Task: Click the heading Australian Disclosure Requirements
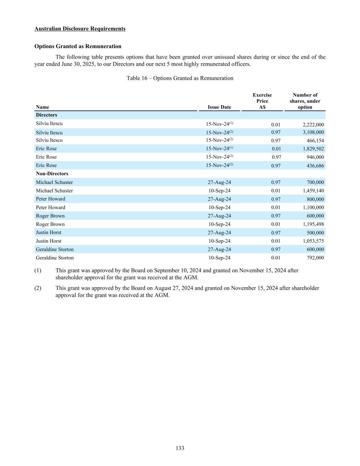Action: click(x=80, y=29)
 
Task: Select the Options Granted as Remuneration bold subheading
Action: click(x=78, y=46)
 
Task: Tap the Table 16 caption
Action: click(x=180, y=78)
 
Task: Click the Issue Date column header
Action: click(x=219, y=107)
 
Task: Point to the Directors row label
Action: click(x=46, y=115)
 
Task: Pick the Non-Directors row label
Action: click(x=52, y=174)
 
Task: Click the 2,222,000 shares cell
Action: click(x=313, y=125)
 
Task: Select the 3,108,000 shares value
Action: click(x=313, y=132)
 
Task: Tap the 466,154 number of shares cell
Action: click(x=315, y=141)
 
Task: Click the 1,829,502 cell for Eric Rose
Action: click(x=313, y=149)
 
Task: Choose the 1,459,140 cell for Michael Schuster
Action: click(x=313, y=191)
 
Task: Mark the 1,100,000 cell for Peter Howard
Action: click(x=313, y=208)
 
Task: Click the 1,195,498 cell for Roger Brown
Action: click(x=313, y=224)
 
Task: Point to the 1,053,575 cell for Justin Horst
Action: click(x=313, y=241)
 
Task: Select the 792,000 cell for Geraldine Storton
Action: click(x=315, y=258)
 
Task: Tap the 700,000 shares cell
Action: click(x=315, y=182)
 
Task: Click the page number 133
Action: click(x=180, y=448)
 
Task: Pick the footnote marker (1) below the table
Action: click(x=38, y=270)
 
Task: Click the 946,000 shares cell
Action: click(x=315, y=157)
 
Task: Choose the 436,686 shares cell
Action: click(x=315, y=166)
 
